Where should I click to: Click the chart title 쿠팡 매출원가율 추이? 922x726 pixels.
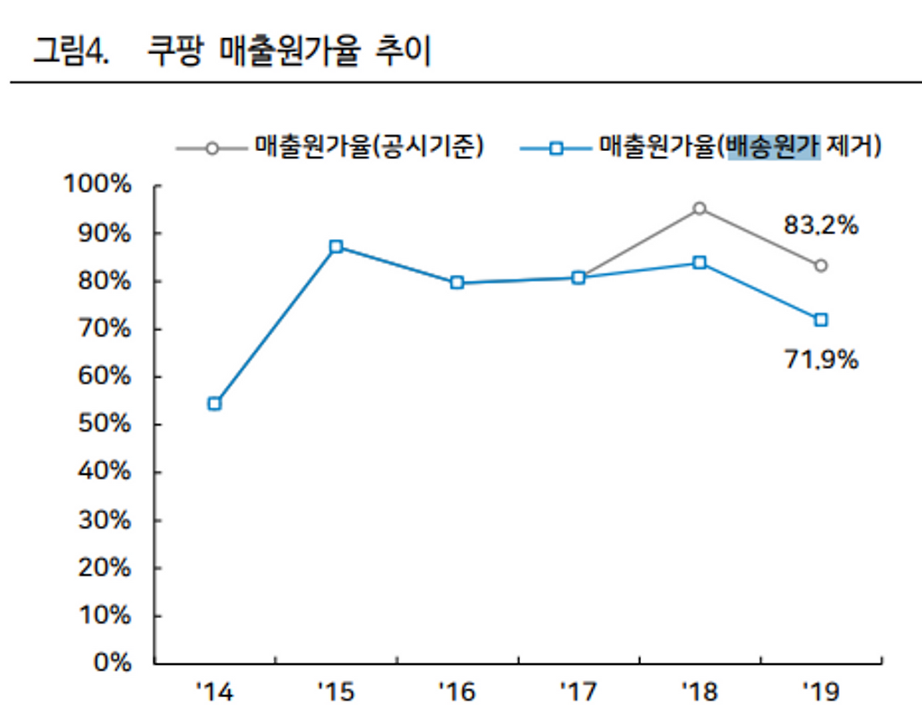click(289, 51)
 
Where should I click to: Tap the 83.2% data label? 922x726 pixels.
click(820, 226)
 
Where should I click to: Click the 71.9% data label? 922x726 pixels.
click(820, 359)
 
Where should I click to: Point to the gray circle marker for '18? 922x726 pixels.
click(699, 209)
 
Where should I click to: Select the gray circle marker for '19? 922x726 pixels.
click(820, 266)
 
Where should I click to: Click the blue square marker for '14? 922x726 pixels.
click(215, 404)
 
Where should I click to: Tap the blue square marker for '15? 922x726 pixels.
click(336, 247)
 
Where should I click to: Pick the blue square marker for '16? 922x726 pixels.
click(457, 283)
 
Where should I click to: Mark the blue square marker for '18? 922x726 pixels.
click(699, 263)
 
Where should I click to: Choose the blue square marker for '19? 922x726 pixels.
click(820, 319)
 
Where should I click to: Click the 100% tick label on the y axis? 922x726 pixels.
click(97, 184)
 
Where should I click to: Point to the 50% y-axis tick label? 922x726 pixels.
click(104, 424)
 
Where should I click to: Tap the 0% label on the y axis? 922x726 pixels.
click(112, 662)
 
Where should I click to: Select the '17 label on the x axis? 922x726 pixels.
click(578, 692)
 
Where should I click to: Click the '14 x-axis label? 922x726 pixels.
click(215, 692)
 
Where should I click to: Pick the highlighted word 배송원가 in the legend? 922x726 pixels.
click(773, 147)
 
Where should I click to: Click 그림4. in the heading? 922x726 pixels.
click(71, 51)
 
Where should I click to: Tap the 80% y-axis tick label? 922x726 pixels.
click(104, 281)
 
